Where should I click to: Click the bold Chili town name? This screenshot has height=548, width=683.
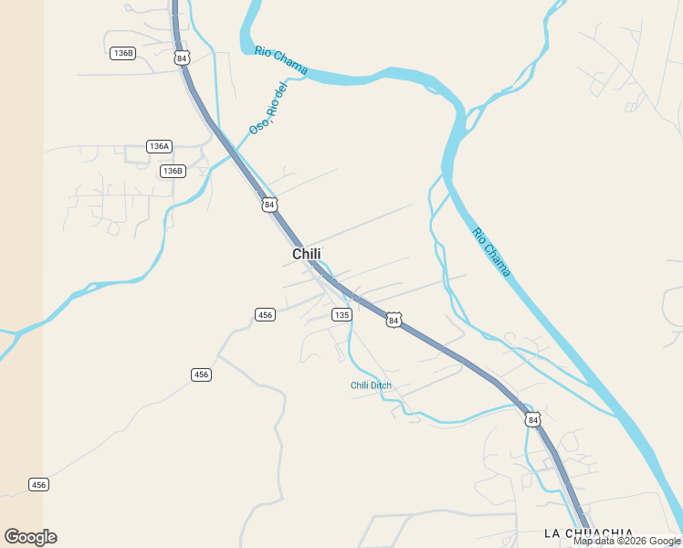pyautogui.click(x=307, y=254)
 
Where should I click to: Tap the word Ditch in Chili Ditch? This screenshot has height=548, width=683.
pyautogui.click(x=380, y=385)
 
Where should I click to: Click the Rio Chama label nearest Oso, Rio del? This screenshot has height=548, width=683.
pyautogui.click(x=281, y=60)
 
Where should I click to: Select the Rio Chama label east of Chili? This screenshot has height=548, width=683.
pyautogui.click(x=491, y=252)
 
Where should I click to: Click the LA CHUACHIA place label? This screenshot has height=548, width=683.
pyautogui.click(x=588, y=532)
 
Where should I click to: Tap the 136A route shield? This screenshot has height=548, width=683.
pyautogui.click(x=159, y=146)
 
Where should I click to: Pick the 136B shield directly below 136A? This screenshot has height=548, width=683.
pyautogui.click(x=173, y=171)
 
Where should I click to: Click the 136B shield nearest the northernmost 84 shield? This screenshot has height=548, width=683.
pyautogui.click(x=122, y=53)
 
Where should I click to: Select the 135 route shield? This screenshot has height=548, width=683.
pyautogui.click(x=341, y=314)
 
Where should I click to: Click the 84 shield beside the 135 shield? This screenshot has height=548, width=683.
pyautogui.click(x=393, y=320)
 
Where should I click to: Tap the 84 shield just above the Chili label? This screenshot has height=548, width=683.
pyautogui.click(x=268, y=205)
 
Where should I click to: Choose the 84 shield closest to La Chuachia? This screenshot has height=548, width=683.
pyautogui.click(x=533, y=419)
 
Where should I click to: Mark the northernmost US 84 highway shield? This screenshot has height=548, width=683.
pyautogui.click(x=183, y=58)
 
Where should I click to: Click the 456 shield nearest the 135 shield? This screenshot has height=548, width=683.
pyautogui.click(x=265, y=314)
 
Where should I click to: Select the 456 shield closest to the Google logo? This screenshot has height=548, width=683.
pyautogui.click(x=38, y=484)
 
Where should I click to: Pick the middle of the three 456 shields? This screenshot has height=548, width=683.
pyautogui.click(x=202, y=374)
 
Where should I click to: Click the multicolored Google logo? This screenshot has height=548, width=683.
pyautogui.click(x=30, y=537)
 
